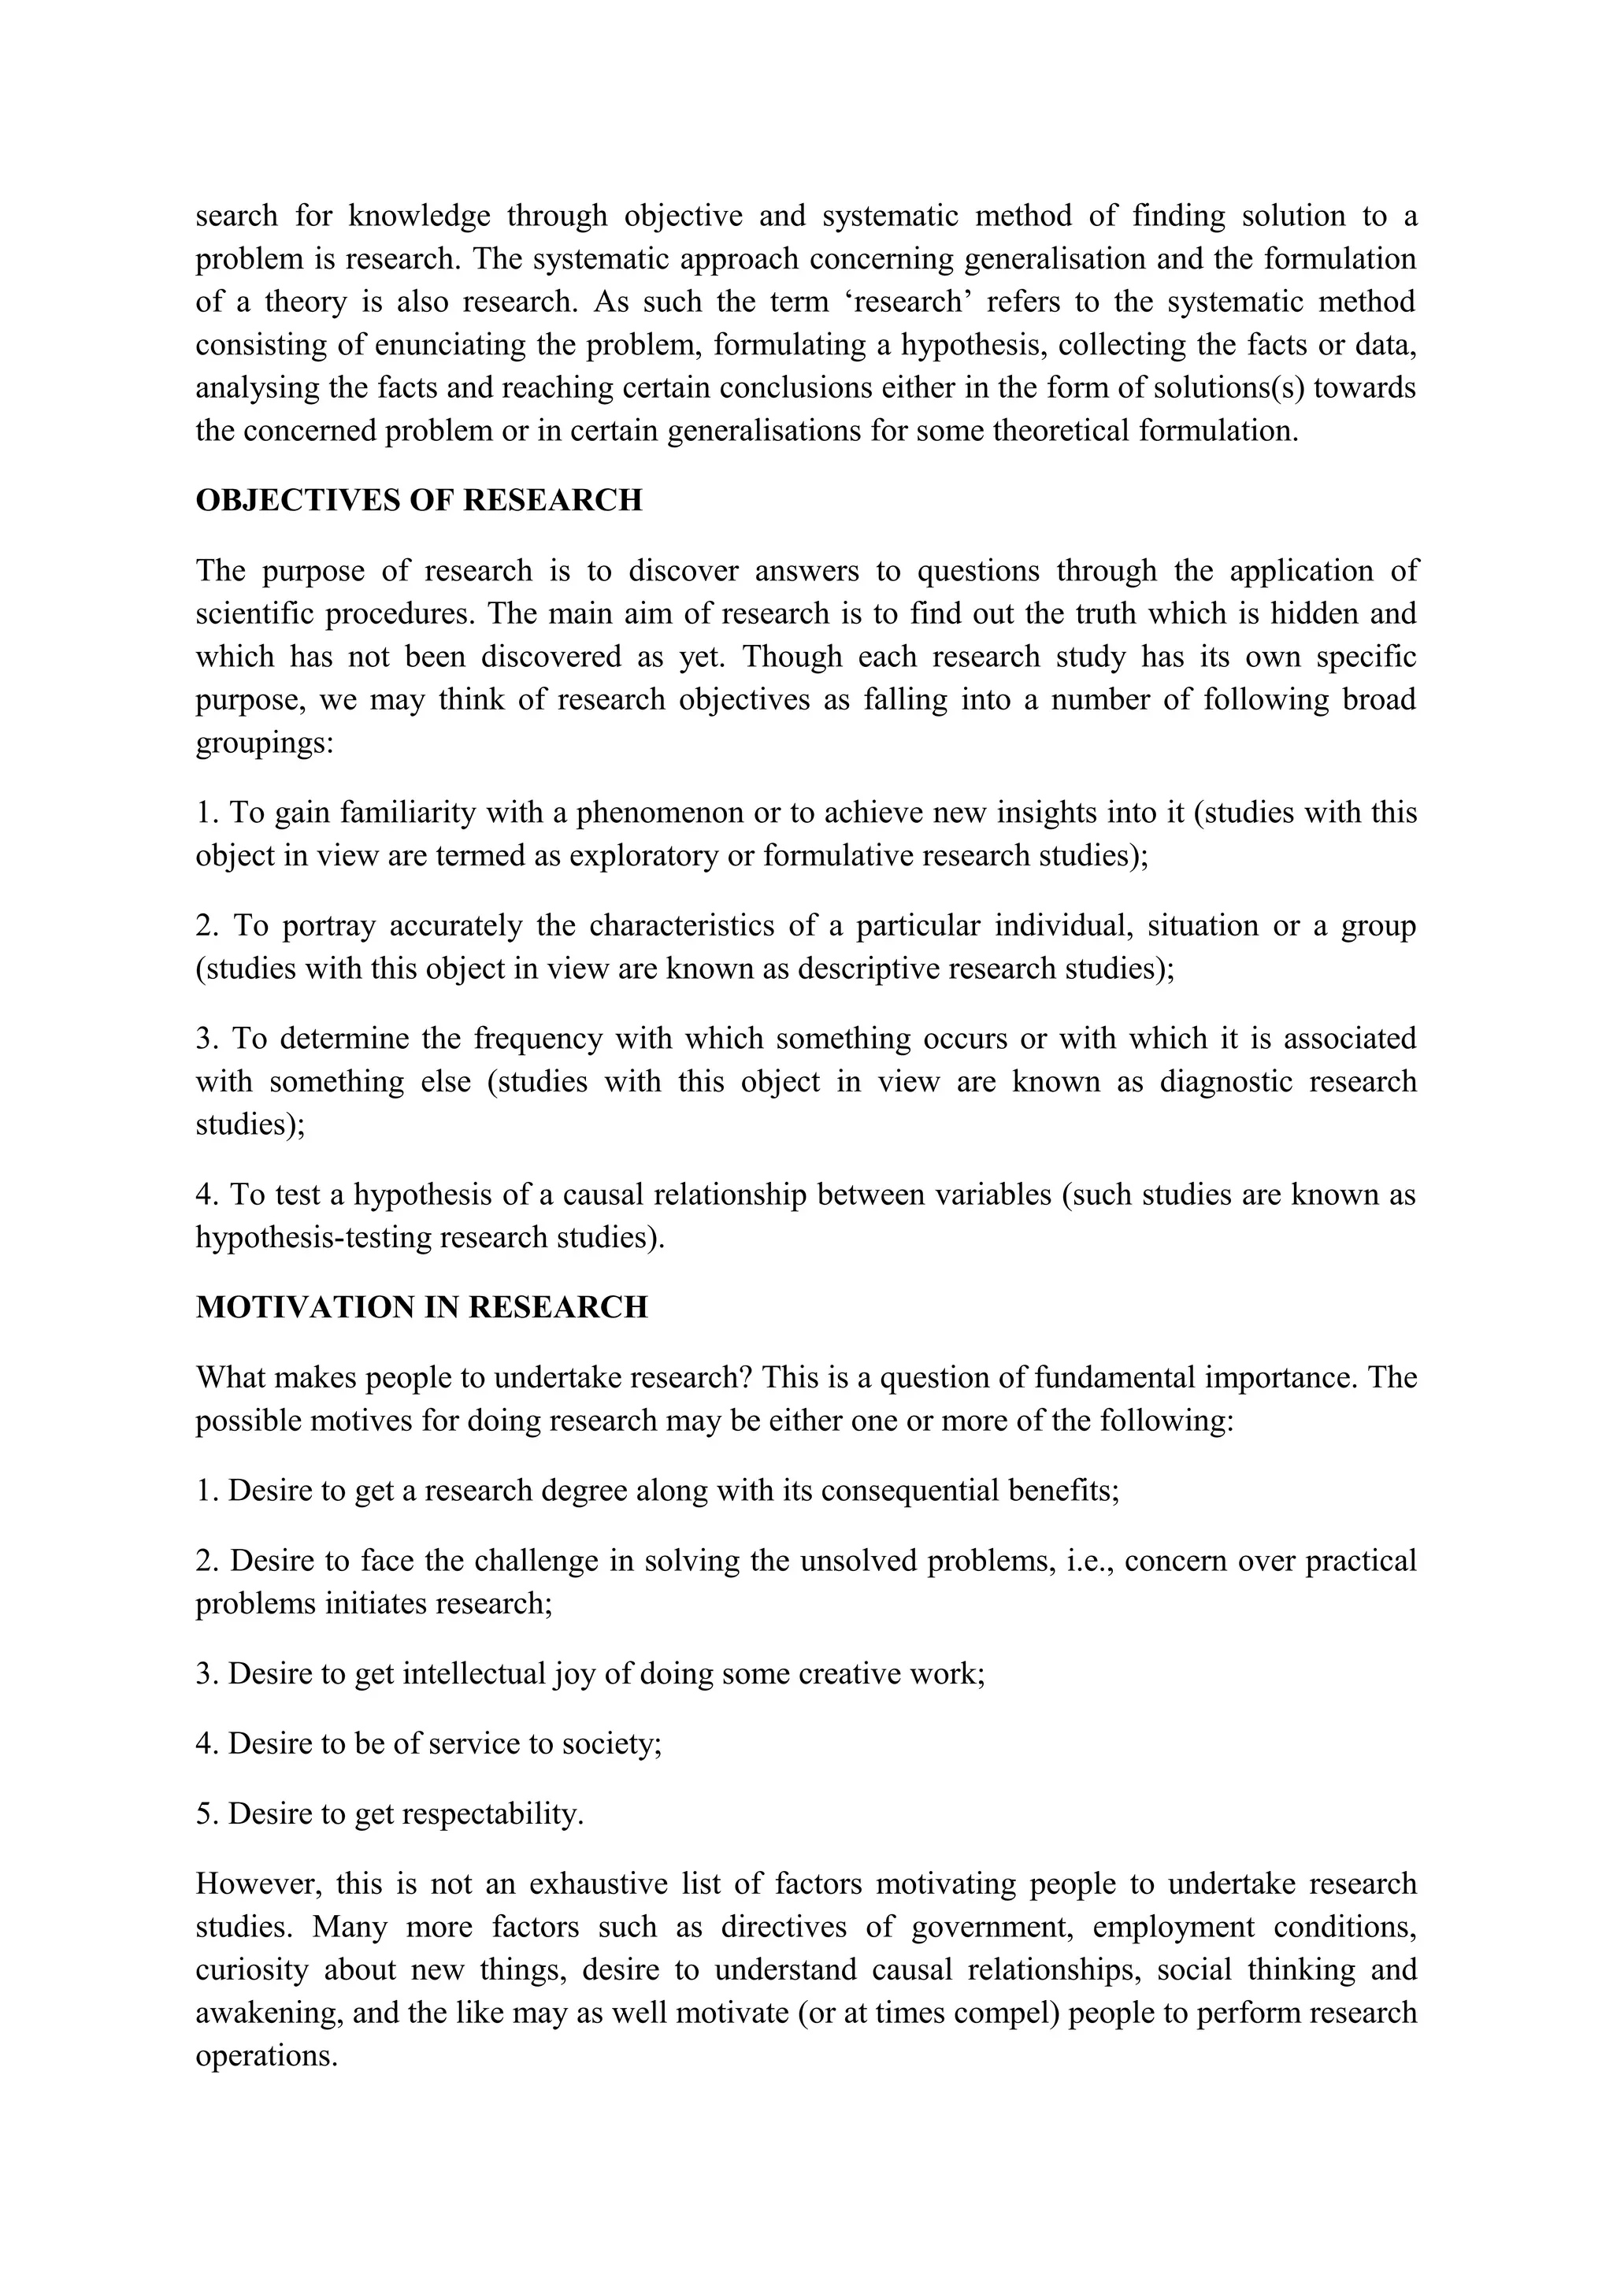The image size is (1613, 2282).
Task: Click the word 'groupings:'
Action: (x=265, y=743)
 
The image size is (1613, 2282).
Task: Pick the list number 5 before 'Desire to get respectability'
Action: (x=206, y=1815)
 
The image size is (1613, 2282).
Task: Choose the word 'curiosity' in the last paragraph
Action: (x=253, y=1970)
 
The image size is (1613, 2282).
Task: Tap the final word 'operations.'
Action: (x=266, y=2055)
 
